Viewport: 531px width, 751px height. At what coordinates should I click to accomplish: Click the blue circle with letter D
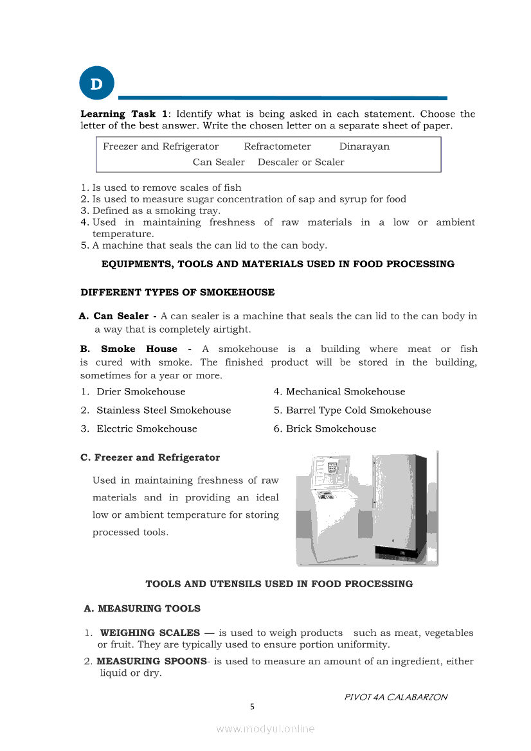point(96,84)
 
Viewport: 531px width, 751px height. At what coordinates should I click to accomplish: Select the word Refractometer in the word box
point(277,146)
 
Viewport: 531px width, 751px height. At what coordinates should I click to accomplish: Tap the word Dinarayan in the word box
point(364,146)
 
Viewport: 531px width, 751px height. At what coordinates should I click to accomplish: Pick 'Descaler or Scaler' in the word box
point(301,162)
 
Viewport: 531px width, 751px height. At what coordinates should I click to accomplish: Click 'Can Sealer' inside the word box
point(219,162)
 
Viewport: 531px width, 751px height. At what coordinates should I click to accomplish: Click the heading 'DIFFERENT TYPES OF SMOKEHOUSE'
point(177,292)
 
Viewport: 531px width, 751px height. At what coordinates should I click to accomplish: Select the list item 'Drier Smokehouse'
point(140,392)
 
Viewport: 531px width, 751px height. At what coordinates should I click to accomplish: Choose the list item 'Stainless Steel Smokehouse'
point(163,411)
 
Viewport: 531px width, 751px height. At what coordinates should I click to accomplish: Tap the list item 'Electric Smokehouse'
point(147,429)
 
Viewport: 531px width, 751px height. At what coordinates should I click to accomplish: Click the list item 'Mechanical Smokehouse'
point(345,392)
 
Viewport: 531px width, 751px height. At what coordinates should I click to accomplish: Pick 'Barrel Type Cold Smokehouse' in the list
point(358,411)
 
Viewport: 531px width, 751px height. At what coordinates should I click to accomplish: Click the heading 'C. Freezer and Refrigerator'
point(150,458)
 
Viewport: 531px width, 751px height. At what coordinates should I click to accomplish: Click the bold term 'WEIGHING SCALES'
point(150,633)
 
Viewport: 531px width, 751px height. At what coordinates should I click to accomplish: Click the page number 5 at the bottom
point(252,707)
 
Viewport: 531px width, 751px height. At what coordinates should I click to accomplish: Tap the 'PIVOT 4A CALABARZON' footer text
point(396,697)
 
